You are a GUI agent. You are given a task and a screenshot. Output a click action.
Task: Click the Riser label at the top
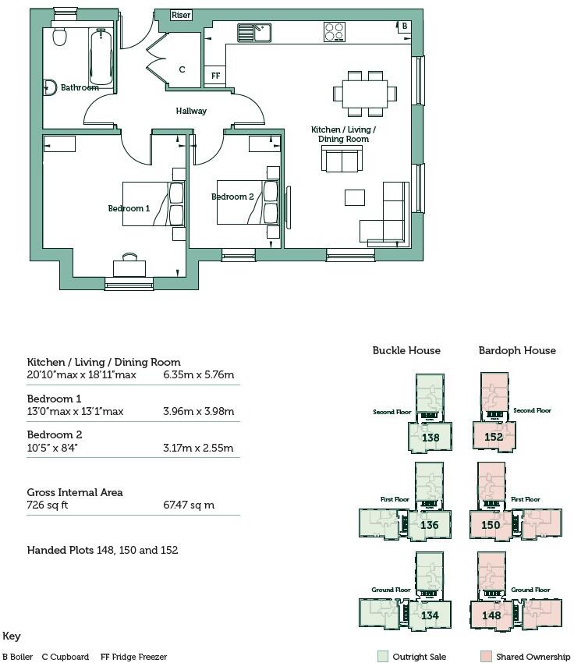181,15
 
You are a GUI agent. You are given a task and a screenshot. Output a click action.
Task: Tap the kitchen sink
254,32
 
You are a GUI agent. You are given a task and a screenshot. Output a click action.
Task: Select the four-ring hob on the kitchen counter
335,32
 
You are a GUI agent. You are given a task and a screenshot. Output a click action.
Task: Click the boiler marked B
403,27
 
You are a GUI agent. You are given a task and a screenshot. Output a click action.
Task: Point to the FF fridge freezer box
214,76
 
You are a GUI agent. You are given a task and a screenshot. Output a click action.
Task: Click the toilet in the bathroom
58,37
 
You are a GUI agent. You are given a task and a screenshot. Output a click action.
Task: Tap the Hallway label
191,111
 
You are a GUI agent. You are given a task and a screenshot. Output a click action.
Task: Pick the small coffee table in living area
355,197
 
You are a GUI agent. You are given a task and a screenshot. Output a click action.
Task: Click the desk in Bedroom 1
129,268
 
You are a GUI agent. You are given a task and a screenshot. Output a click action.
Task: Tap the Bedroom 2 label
232,197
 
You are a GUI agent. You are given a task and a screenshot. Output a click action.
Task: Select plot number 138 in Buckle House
430,438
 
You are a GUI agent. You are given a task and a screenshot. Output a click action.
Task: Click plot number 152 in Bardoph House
493,438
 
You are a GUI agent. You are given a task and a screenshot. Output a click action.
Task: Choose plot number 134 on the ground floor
430,615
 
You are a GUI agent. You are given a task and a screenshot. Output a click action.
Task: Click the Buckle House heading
406,350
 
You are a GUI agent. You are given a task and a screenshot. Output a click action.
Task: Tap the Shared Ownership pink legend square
486,657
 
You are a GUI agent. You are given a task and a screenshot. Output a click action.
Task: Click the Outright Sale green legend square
381,657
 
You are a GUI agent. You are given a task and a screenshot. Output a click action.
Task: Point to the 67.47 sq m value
189,505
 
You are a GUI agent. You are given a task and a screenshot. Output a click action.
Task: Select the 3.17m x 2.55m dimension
198,448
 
